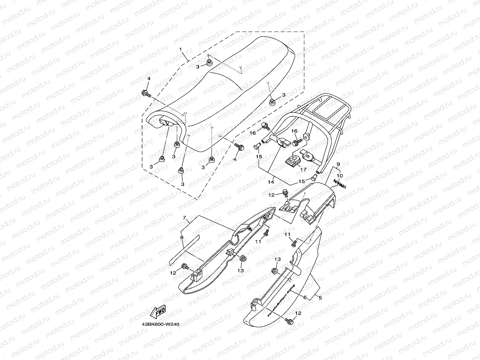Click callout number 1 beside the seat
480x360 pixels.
(x=180, y=50)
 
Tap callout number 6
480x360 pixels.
(x=305, y=297)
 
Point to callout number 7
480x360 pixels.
(x=184, y=218)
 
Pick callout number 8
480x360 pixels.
(x=181, y=238)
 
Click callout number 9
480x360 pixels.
(x=338, y=164)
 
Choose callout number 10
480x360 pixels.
(x=339, y=176)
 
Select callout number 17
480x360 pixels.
(x=303, y=169)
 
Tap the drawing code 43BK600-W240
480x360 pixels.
(x=160, y=324)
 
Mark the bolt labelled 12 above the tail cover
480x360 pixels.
(x=285, y=191)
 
